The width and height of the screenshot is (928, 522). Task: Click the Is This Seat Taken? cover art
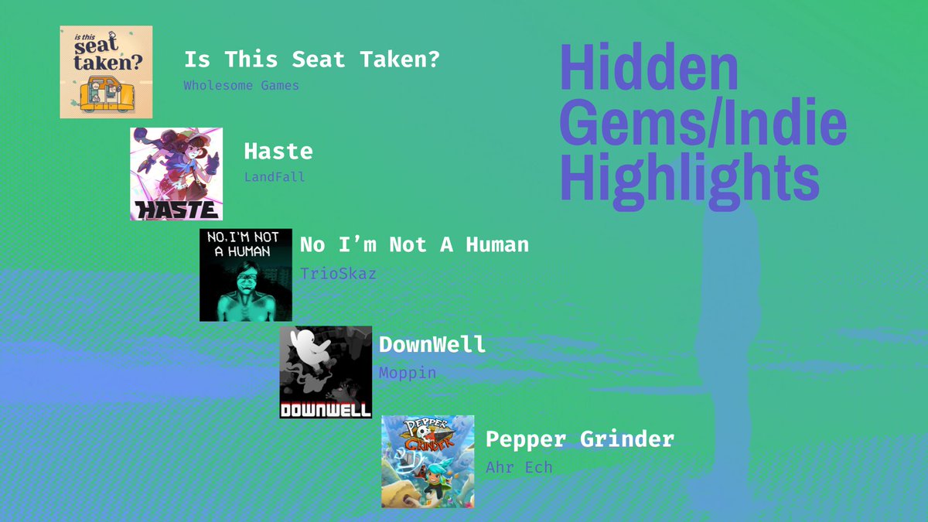(x=106, y=72)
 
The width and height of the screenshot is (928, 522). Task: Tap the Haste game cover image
(x=176, y=174)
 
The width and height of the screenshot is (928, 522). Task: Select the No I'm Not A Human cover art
(x=246, y=275)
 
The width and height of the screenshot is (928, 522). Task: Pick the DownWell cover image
(x=326, y=372)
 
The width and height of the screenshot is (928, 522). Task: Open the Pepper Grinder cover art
(x=428, y=461)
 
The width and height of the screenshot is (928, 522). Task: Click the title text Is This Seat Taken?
(x=312, y=60)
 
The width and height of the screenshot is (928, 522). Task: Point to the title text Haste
(x=278, y=152)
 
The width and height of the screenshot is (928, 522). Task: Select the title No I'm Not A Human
(x=414, y=245)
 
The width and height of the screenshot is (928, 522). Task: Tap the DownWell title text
(x=432, y=344)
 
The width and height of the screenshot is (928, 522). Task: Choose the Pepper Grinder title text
(x=579, y=439)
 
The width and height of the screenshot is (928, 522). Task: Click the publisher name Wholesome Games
(x=241, y=85)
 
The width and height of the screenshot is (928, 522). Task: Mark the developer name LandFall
(x=275, y=177)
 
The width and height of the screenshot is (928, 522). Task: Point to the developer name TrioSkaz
(x=338, y=274)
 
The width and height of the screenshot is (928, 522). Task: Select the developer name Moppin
(x=408, y=373)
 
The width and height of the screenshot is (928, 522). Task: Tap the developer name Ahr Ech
(x=519, y=467)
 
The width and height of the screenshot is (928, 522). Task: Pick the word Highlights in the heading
(x=689, y=177)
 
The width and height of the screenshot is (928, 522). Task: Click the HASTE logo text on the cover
(x=176, y=209)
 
